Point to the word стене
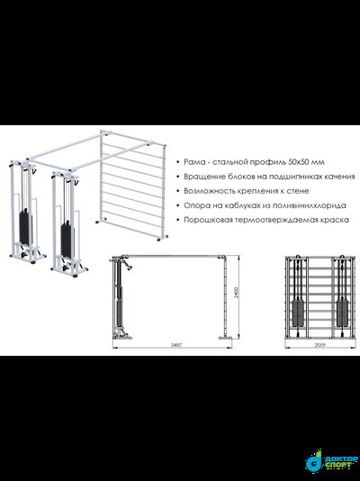[299, 191]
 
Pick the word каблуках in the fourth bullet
[238, 205]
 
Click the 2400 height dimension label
[236, 294]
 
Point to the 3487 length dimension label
[176, 345]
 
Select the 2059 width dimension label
[319, 345]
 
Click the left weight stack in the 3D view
[24, 227]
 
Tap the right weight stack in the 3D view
[67, 240]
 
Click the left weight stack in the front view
[298, 313]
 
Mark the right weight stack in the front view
[342, 313]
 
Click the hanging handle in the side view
[128, 265]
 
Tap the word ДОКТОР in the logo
[340, 458]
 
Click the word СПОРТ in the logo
[337, 466]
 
